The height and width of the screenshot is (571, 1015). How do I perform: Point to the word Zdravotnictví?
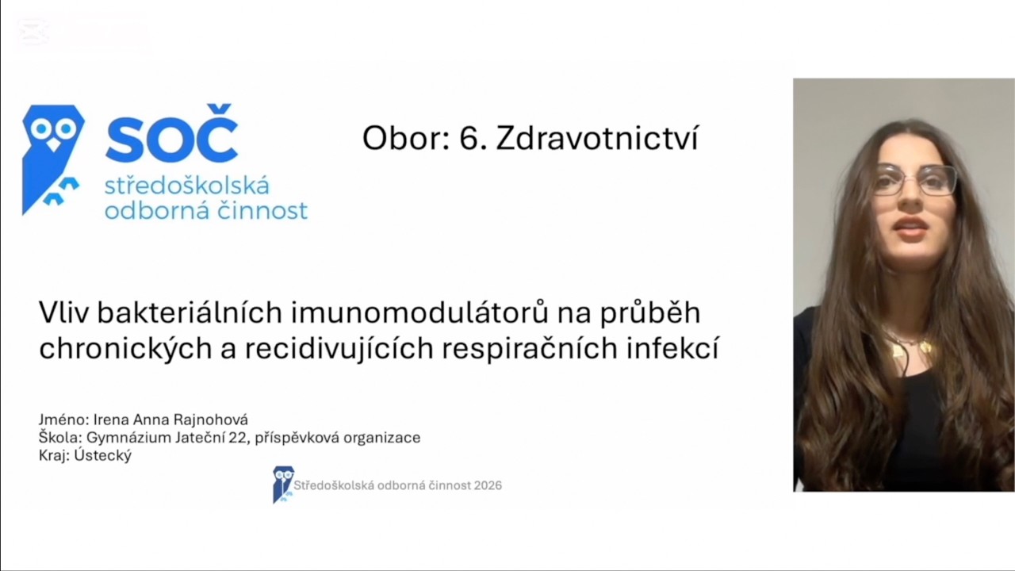[x=597, y=139]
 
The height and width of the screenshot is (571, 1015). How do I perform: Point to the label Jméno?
[x=63, y=420]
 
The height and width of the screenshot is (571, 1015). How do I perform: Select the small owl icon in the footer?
[x=282, y=484]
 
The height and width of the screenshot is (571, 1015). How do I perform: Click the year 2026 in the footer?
[x=487, y=485]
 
